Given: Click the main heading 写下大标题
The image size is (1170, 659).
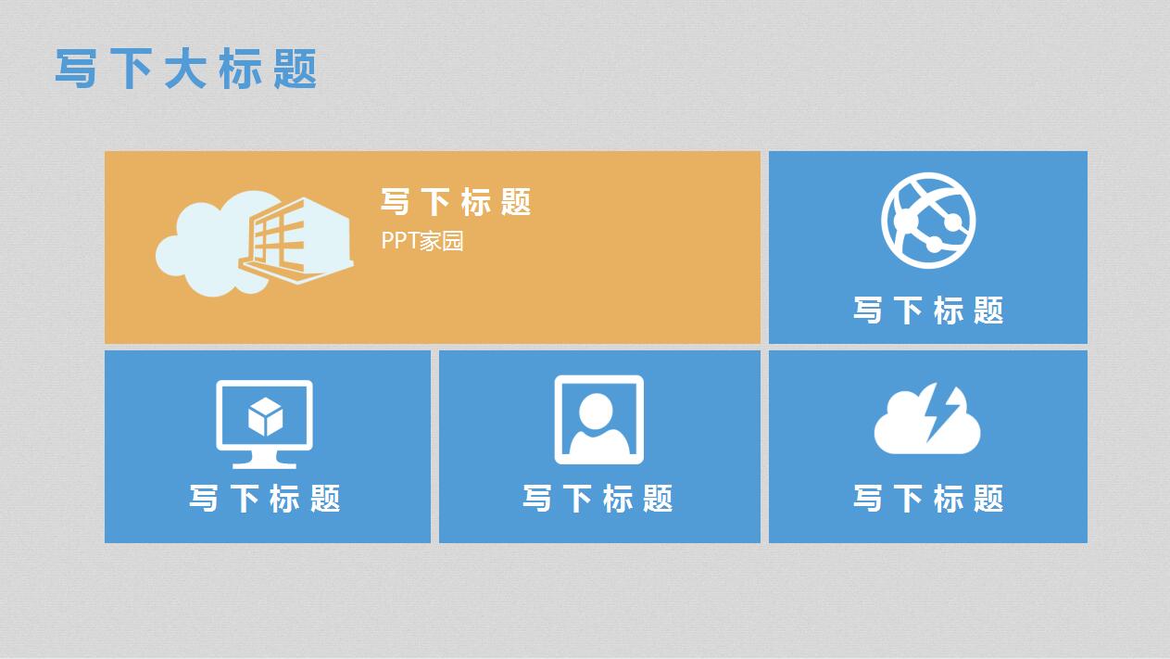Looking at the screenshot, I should click(x=186, y=70).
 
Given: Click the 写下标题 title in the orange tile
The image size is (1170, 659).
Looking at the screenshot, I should click(x=456, y=201).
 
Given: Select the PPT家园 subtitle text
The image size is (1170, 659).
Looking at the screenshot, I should click(x=422, y=241).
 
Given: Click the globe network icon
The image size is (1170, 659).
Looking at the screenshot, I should click(x=928, y=221).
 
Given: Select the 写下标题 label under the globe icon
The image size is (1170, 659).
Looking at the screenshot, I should click(x=928, y=310).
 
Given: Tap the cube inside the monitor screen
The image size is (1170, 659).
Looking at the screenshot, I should click(x=265, y=416).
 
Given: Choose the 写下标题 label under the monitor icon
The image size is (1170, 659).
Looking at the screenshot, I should click(x=265, y=499).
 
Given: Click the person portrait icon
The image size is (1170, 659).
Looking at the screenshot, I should click(x=598, y=419).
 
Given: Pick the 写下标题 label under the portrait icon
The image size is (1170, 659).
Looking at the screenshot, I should click(x=598, y=499).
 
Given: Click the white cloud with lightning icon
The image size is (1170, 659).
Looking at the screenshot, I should click(x=926, y=422).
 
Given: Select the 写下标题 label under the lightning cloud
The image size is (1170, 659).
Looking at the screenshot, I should click(x=928, y=499).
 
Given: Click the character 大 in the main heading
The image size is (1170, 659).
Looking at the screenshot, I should click(x=185, y=70).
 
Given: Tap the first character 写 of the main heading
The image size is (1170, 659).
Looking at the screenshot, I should click(x=76, y=70).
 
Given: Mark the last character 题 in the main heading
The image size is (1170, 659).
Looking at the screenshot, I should click(x=296, y=70).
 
